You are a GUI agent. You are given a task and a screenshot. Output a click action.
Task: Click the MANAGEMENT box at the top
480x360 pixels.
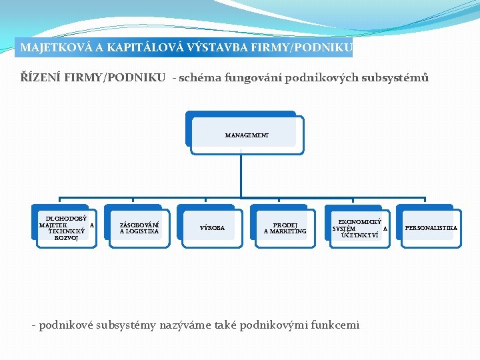(247, 135)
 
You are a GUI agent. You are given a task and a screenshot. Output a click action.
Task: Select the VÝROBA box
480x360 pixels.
(213, 228)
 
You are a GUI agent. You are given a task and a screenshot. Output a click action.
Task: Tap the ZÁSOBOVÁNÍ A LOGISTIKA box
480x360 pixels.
(139, 228)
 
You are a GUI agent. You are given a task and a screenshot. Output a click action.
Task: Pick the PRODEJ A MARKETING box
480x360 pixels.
(285, 228)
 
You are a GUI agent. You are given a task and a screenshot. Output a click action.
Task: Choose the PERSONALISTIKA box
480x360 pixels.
(431, 228)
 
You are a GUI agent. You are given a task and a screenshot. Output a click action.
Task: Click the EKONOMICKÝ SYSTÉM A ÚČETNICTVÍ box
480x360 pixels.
(359, 228)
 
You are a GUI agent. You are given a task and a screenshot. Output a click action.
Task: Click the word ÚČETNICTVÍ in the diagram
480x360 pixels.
(359, 235)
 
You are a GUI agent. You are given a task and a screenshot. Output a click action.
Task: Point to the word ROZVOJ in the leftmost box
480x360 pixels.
(66, 238)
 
